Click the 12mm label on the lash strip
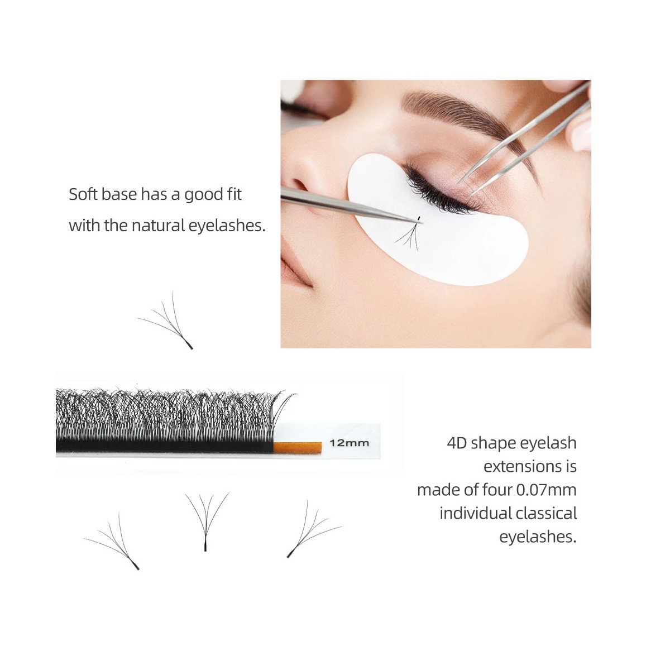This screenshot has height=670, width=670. tap(349, 443)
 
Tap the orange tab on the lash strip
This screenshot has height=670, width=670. tap(297, 447)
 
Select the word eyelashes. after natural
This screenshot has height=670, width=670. tap(227, 226)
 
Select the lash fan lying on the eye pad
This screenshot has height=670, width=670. tap(408, 232)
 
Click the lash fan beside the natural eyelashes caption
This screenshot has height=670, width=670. tap(165, 320)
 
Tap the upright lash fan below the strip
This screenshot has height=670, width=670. tap(206, 521)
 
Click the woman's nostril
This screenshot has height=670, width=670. tap(300, 184)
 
